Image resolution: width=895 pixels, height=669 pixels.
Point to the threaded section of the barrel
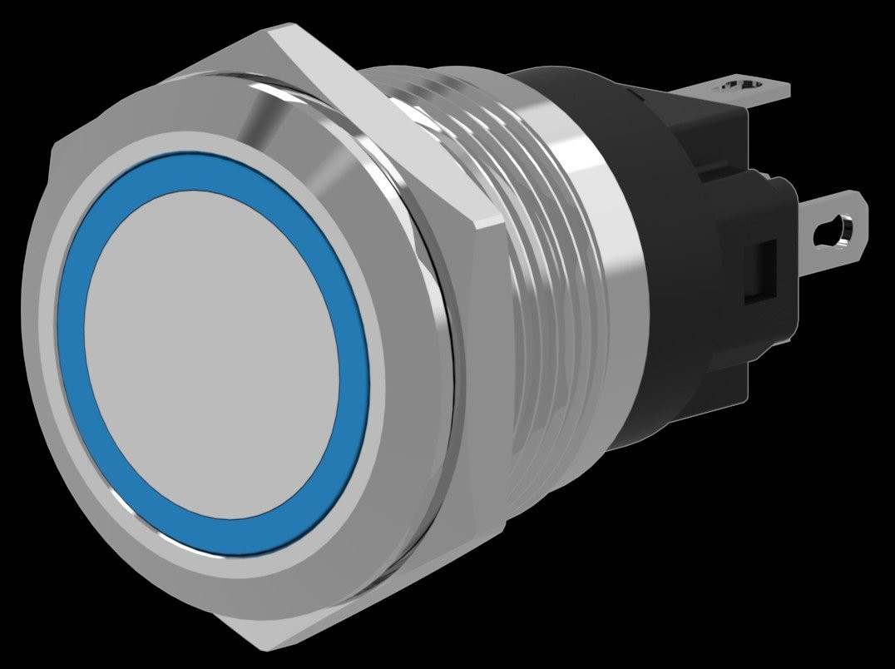point(532,275)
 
